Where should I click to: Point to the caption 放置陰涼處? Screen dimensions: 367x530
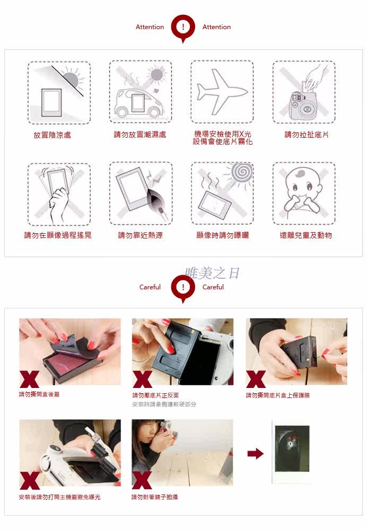click(53, 135)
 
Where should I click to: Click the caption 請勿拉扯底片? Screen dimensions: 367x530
click(307, 135)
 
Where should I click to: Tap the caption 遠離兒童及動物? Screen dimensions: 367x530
click(306, 235)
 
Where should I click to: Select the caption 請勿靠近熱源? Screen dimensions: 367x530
click(141, 235)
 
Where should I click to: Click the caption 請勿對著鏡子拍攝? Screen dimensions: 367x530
click(154, 497)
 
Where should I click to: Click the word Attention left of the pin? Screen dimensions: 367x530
click(150, 27)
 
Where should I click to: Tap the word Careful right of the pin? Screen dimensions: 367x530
click(213, 287)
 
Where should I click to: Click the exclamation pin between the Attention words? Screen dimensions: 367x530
click(183, 28)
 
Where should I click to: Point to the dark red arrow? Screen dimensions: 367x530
click(256, 454)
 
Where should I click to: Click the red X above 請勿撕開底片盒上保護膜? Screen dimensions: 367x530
click(256, 379)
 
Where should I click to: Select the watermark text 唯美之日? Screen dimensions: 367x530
click(213, 273)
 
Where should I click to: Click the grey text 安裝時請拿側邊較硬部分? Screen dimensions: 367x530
click(164, 404)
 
